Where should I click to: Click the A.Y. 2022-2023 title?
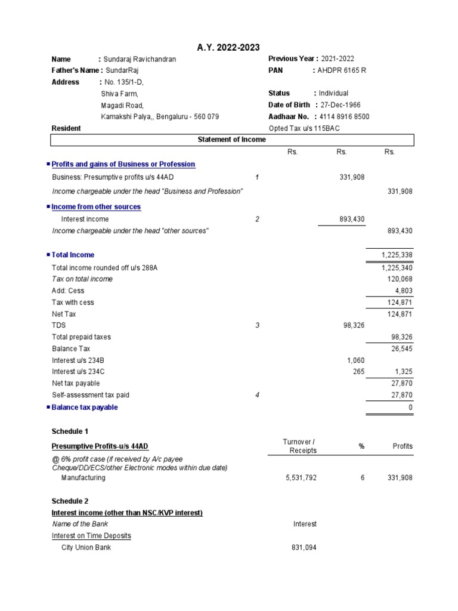point(228,48)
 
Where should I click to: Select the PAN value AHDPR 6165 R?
point(342,70)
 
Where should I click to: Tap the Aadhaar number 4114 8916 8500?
point(344,117)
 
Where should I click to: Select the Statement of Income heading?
point(232,140)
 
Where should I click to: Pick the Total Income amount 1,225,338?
point(397,255)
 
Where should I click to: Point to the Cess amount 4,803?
point(404,291)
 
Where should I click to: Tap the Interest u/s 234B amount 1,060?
point(355,360)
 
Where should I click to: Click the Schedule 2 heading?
point(70,501)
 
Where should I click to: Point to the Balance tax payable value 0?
point(410,408)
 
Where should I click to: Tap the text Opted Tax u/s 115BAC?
point(304,128)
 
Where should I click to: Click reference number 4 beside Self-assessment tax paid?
point(257,395)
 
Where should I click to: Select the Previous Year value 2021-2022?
point(338,59)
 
